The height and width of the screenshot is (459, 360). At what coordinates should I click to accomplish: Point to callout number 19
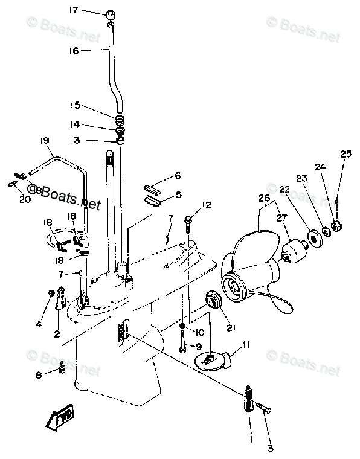[44, 141]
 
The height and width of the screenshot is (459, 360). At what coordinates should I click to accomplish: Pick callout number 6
[178, 176]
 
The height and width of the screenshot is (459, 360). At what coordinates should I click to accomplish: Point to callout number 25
[345, 155]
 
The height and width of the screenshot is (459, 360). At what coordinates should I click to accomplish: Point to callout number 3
[270, 448]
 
